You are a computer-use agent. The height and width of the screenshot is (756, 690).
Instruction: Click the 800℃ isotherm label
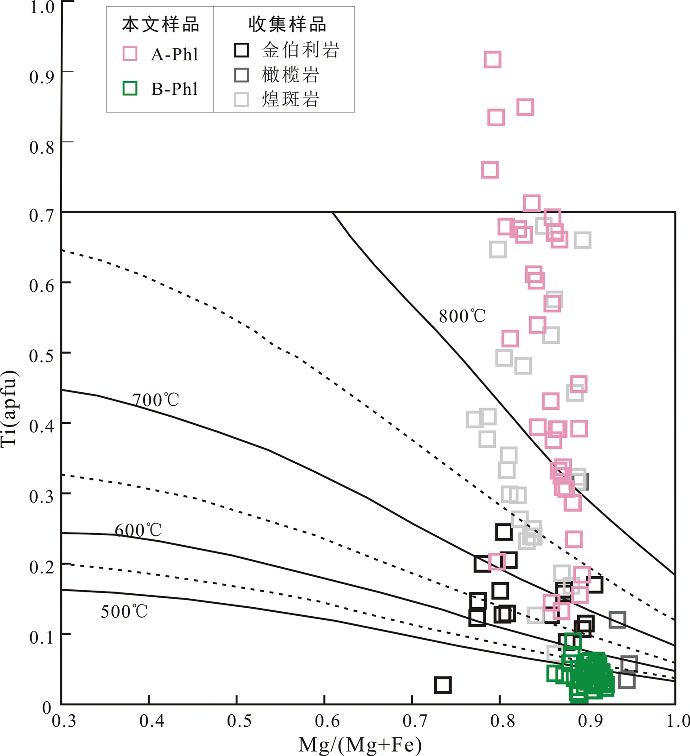pyautogui.click(x=462, y=316)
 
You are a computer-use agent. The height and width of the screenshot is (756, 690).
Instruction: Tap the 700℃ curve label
pyautogui.click(x=156, y=400)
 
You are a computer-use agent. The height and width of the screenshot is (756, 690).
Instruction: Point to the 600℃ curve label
pyautogui.click(x=138, y=530)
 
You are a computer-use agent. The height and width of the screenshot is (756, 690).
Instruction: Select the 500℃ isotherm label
pyautogui.click(x=124, y=611)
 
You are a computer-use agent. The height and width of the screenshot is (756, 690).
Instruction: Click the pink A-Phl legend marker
pyautogui.click(x=130, y=53)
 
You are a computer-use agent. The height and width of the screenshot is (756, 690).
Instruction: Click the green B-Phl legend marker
pyautogui.click(x=130, y=88)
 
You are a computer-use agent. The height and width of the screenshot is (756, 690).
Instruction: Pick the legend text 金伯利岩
pyautogui.click(x=300, y=50)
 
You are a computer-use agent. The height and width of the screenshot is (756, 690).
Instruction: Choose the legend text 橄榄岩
pyautogui.click(x=290, y=75)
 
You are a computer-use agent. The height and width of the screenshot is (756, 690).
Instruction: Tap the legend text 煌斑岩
pyautogui.click(x=290, y=99)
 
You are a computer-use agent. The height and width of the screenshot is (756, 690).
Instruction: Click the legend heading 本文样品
pyautogui.click(x=160, y=25)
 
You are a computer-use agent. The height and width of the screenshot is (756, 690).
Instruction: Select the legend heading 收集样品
pyautogui.click(x=287, y=25)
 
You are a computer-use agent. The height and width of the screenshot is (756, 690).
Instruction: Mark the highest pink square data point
pyautogui.click(x=493, y=59)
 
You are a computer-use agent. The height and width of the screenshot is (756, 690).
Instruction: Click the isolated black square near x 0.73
pyautogui.click(x=443, y=685)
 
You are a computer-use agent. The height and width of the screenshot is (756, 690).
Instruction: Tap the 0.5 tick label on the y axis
pyautogui.click(x=41, y=356)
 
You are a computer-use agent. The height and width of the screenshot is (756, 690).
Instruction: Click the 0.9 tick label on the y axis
pyautogui.click(x=41, y=77)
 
